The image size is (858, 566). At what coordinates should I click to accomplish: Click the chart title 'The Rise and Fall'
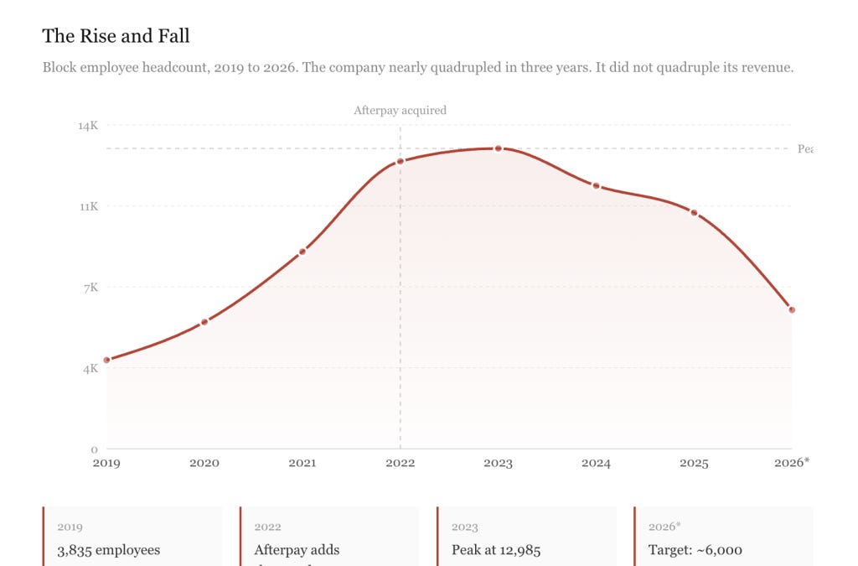point(116,36)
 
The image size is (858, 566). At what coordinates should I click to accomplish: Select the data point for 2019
point(107,360)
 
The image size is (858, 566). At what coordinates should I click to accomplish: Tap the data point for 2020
point(204,322)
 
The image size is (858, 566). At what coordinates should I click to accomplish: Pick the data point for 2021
point(302,251)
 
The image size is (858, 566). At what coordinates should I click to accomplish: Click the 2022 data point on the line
point(401,161)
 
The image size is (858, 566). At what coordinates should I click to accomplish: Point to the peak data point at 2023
point(498,148)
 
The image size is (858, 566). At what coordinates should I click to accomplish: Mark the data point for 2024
point(596,185)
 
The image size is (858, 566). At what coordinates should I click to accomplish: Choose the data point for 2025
point(694,213)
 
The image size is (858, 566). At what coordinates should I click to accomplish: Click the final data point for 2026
point(792,310)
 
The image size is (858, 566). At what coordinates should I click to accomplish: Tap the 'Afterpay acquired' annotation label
point(400,110)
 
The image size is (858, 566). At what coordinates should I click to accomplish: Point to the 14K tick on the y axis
point(88,126)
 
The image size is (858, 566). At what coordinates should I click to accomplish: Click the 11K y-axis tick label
point(88,206)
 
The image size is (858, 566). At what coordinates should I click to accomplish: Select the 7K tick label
point(90,288)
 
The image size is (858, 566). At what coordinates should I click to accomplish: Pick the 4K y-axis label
point(90,368)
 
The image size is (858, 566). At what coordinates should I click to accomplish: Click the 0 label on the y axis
point(94,449)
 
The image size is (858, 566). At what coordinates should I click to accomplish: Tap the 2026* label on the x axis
point(792,463)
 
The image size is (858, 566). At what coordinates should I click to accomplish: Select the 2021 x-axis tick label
point(302,463)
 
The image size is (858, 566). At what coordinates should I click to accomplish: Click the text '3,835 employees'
point(108,550)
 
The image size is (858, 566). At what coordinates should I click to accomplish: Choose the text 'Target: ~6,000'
point(695,550)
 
